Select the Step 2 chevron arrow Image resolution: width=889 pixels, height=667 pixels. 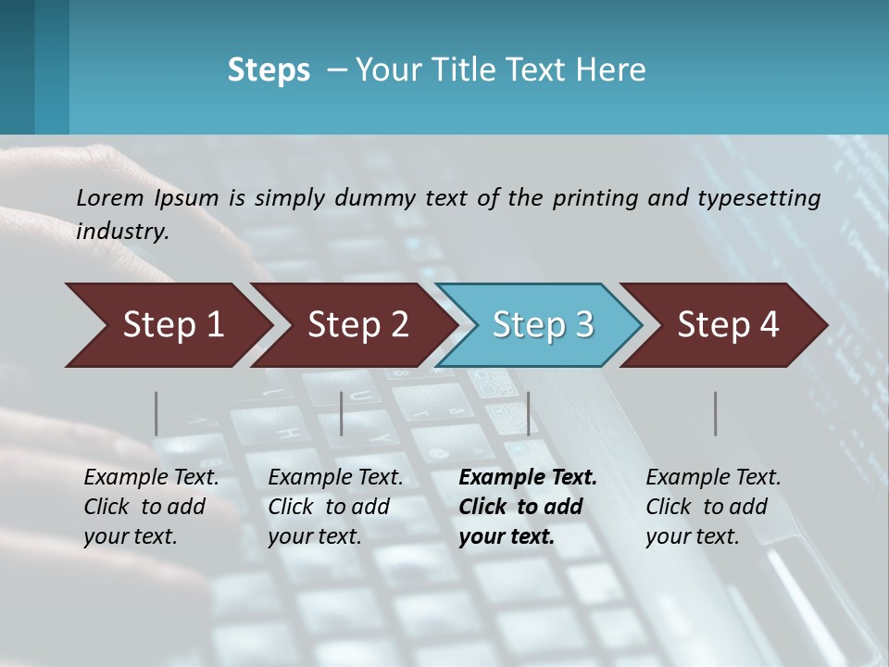[x=357, y=325]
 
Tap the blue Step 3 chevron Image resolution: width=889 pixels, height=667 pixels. [x=543, y=325]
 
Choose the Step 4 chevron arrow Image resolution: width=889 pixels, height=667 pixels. [x=728, y=325]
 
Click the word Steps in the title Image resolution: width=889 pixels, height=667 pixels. [x=269, y=70]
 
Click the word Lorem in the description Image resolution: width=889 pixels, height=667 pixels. [x=110, y=197]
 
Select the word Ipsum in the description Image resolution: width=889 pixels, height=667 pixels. [x=187, y=197]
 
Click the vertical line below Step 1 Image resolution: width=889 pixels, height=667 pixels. [x=157, y=413]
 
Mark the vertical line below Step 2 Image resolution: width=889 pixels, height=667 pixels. [x=342, y=413]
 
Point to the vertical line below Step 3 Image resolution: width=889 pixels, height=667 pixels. [x=528, y=413]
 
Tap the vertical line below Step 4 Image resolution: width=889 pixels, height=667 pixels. [x=715, y=413]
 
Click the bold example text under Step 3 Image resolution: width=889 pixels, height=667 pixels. [x=527, y=507]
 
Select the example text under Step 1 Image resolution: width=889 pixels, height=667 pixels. [x=151, y=507]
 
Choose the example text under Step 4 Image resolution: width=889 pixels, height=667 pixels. [x=713, y=507]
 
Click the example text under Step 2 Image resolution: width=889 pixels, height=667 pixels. [x=335, y=507]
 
